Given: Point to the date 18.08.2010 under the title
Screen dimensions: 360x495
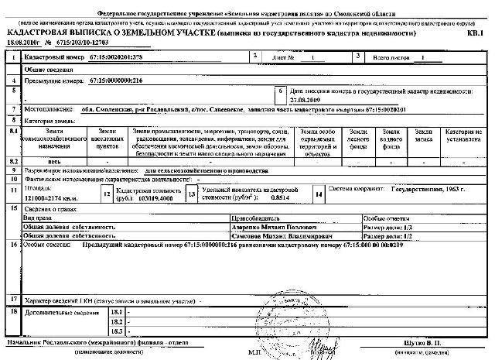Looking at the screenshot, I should (x=22, y=45).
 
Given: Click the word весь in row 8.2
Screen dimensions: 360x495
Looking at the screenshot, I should (x=55, y=162).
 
